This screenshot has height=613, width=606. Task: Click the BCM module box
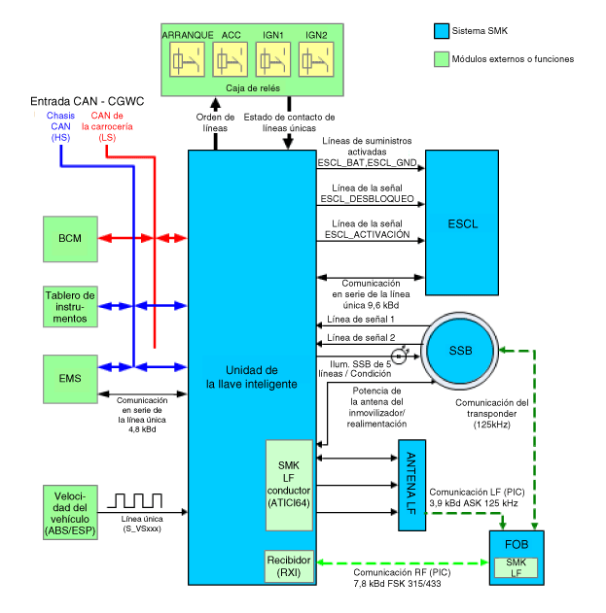(70, 239)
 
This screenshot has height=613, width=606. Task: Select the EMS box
(70, 379)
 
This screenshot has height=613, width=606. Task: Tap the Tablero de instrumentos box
(70, 307)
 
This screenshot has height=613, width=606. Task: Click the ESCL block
(462, 222)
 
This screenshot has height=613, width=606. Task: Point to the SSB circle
(460, 351)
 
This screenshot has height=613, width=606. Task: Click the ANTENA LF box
(411, 485)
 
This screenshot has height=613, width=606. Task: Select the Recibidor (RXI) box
(289, 566)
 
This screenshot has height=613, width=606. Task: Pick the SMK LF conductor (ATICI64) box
(289, 485)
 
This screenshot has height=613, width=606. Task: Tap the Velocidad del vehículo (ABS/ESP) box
(70, 513)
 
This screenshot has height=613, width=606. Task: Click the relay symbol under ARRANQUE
(187, 59)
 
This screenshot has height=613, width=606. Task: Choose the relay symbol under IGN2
(316, 59)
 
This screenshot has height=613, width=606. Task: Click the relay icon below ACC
(231, 59)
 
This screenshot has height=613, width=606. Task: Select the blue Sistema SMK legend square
(442, 31)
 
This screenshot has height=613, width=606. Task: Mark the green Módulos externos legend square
(442, 59)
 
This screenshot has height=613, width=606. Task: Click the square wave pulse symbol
(134, 501)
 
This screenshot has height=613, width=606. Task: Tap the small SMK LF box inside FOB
(516, 567)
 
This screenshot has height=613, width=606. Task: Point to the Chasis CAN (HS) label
(60, 126)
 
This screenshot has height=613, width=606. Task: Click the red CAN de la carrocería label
(107, 126)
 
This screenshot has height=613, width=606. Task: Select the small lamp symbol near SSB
(400, 356)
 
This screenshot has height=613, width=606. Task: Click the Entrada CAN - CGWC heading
(88, 101)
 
